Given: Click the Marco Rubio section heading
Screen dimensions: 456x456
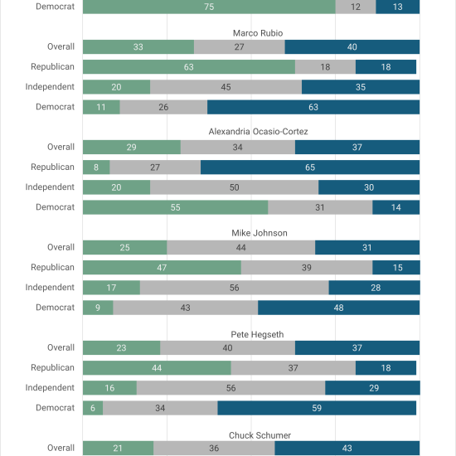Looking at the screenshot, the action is (x=258, y=33).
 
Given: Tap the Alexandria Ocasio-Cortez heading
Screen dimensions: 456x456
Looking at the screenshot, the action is (x=258, y=132).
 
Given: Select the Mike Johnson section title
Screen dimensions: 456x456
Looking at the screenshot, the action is (x=260, y=233).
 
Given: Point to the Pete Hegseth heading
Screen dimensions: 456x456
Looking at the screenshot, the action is (x=257, y=334).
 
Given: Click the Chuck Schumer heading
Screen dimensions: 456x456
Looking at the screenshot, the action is (x=260, y=435).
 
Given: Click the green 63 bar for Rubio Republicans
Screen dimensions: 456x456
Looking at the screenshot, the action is (x=189, y=67).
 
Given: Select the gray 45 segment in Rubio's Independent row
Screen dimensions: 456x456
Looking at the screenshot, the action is (x=226, y=87).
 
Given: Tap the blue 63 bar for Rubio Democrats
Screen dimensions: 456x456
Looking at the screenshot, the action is (x=313, y=107).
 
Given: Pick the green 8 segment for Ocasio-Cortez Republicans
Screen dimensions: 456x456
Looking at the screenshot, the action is (x=96, y=167).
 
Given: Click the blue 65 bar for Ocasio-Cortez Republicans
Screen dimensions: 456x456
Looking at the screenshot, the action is (x=310, y=167).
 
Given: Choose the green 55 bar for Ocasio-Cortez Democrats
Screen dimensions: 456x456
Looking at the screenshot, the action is (x=176, y=207).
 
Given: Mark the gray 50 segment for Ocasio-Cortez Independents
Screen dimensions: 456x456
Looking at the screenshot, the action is (x=235, y=187).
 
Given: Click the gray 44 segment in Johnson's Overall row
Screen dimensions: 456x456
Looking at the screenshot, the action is (x=240, y=248).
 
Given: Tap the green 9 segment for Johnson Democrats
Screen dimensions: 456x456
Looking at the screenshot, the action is (x=98, y=308).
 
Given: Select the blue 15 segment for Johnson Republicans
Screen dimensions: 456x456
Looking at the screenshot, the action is (x=396, y=268).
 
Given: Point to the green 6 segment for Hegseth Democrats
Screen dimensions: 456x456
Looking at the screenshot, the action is (x=93, y=408).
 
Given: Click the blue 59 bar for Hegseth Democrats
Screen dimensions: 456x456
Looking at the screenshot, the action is (x=317, y=408).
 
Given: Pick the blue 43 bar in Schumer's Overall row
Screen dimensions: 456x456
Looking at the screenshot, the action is (x=347, y=449).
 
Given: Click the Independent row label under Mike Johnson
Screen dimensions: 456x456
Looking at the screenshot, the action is (x=50, y=288).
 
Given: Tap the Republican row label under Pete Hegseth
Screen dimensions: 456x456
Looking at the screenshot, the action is (x=52, y=367).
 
